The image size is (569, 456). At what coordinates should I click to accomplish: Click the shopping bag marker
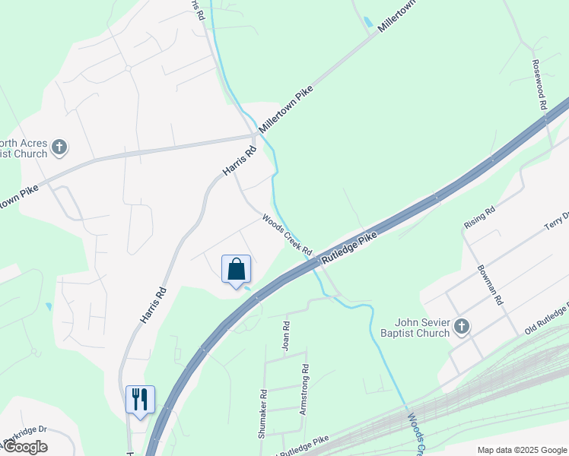[x=236, y=270]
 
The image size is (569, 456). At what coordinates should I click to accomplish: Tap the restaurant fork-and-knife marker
[x=140, y=399]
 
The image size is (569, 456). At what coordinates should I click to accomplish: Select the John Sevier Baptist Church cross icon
[x=460, y=327]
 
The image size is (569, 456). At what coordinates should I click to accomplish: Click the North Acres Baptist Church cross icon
[x=59, y=147]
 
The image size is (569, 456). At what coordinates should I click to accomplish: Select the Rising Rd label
[x=479, y=217]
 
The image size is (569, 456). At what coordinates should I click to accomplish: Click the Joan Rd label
[x=287, y=335]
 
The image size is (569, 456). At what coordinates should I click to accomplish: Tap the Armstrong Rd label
[x=304, y=389]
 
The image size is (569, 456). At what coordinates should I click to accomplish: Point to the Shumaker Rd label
[x=262, y=414]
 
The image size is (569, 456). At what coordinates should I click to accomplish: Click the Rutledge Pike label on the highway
[x=349, y=249]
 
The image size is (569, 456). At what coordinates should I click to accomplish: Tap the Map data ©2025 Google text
[x=522, y=450]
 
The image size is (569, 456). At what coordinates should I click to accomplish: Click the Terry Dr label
[x=555, y=221]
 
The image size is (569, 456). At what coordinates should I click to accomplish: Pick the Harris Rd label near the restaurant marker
[x=153, y=305]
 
